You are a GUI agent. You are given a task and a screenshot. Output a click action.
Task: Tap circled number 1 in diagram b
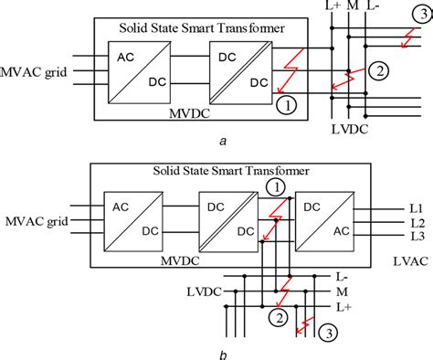(x=272, y=186)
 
